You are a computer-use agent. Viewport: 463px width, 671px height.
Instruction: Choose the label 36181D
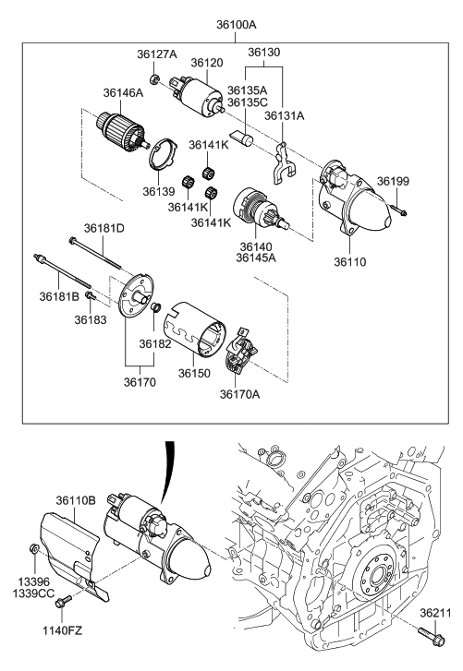104,227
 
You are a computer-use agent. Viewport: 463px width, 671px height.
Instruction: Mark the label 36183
91,318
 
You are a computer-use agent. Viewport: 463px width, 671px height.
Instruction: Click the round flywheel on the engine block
377,587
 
